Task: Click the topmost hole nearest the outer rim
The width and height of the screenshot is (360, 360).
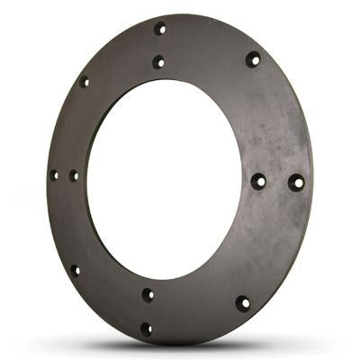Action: (x=160, y=29)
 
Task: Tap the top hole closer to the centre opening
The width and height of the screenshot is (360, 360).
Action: (x=158, y=62)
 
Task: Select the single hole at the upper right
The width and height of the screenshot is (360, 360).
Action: (x=253, y=59)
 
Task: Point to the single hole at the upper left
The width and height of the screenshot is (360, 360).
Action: (x=85, y=82)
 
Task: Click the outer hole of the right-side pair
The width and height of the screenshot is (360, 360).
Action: (x=296, y=182)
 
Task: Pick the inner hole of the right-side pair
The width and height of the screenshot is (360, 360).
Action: (x=258, y=181)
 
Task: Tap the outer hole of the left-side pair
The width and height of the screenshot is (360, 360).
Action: (x=54, y=175)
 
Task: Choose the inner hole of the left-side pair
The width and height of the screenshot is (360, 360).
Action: (x=74, y=175)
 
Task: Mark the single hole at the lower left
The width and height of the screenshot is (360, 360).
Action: (x=75, y=269)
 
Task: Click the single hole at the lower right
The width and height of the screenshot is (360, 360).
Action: (x=242, y=302)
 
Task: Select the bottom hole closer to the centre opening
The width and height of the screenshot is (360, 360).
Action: (x=148, y=294)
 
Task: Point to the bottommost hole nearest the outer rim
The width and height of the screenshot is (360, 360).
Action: (x=146, y=328)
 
